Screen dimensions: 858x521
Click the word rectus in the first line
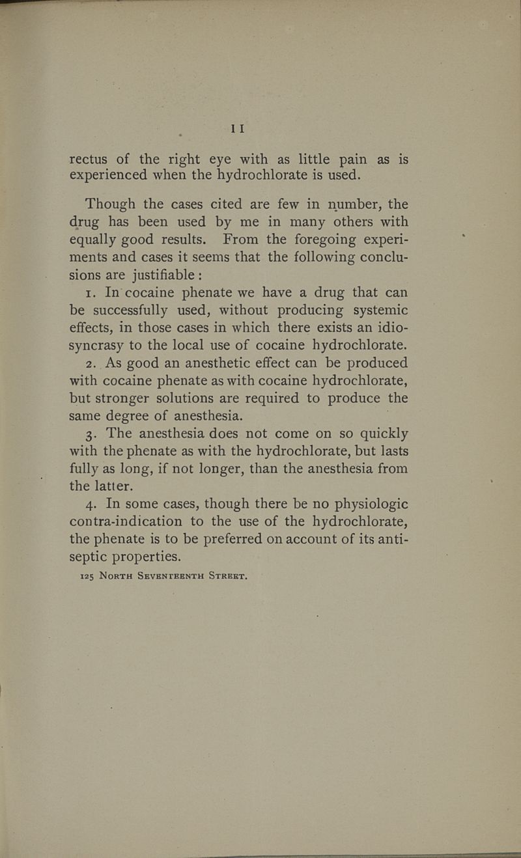(x=90, y=159)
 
